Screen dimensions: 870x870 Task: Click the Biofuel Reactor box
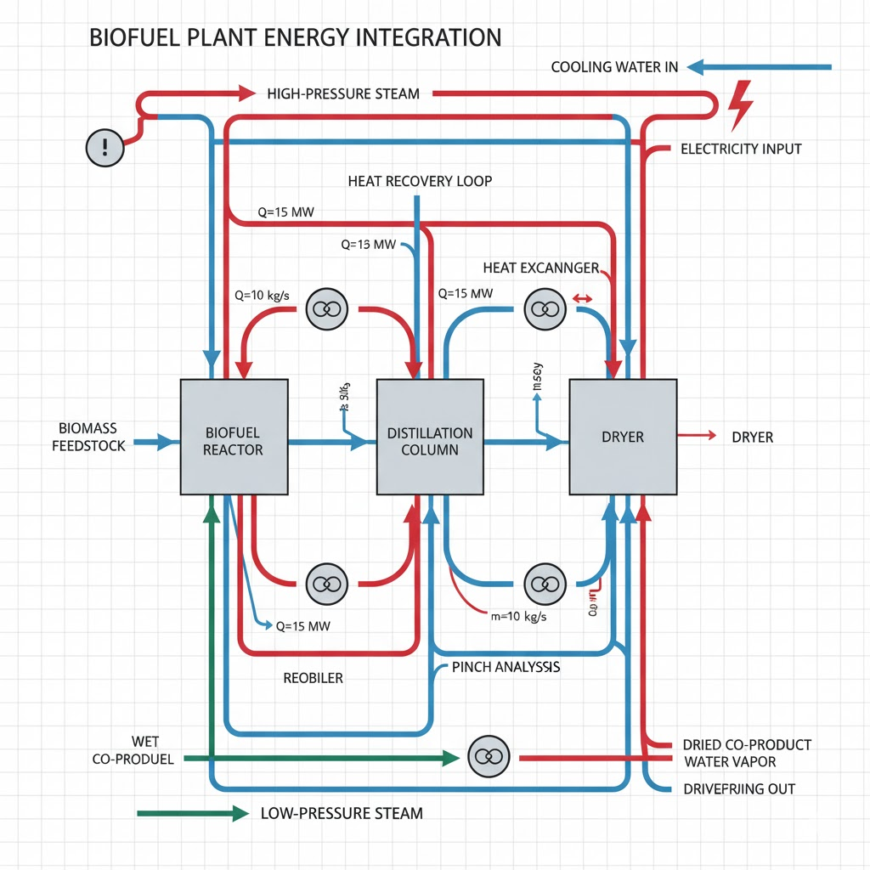click(x=233, y=437)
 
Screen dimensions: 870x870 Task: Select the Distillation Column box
click(x=430, y=437)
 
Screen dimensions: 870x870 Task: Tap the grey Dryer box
click(x=623, y=437)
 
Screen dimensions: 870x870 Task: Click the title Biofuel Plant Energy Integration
click(x=295, y=38)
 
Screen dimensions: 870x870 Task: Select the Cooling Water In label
click(x=614, y=67)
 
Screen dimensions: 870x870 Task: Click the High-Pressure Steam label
click(x=343, y=93)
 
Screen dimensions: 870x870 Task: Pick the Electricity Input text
click(x=741, y=149)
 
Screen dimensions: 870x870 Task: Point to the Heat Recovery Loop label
click(x=420, y=182)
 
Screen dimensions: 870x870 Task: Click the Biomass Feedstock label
click(x=88, y=436)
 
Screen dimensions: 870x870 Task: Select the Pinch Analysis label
click(x=506, y=668)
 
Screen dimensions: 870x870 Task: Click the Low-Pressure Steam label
click(x=342, y=814)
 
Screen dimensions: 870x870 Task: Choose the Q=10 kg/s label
click(x=262, y=296)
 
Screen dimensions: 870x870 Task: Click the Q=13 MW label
click(x=368, y=245)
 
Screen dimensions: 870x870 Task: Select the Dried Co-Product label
click(x=747, y=745)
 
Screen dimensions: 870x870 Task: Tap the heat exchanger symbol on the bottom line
click(x=488, y=757)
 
